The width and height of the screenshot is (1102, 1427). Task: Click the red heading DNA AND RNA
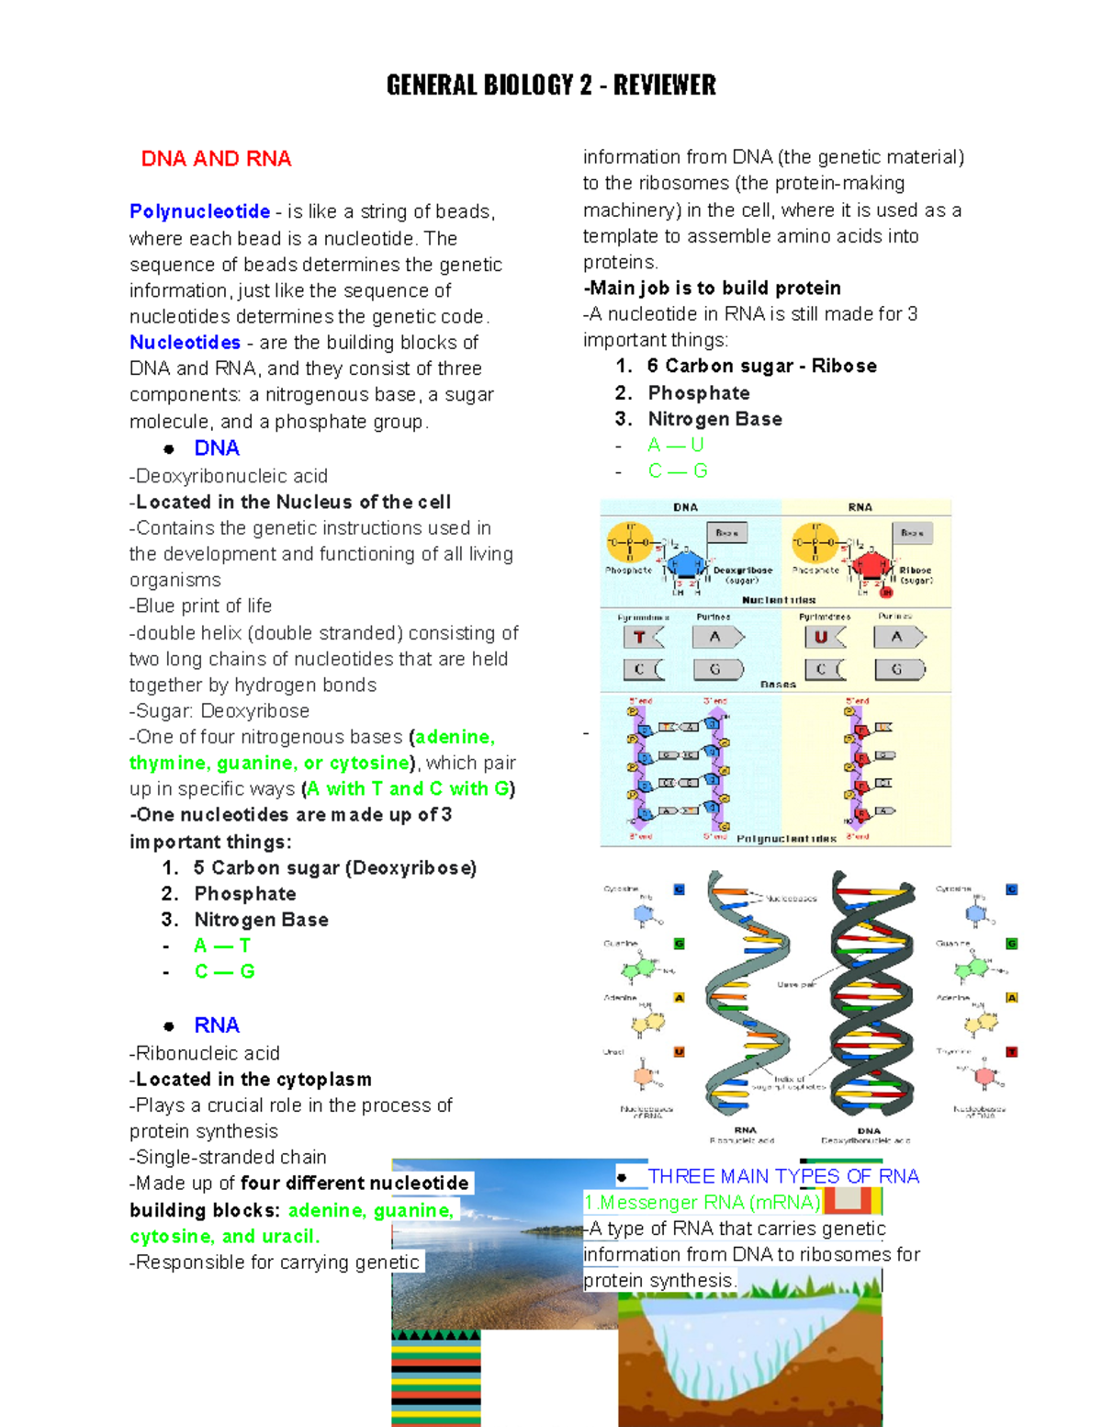point(216,159)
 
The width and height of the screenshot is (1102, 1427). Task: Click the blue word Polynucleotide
point(199,212)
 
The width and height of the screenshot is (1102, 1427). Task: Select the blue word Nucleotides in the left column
point(185,343)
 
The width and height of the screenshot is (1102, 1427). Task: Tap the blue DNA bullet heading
point(217,448)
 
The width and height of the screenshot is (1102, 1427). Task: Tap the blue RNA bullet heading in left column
point(217,1025)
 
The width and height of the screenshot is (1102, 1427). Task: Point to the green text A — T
point(222,946)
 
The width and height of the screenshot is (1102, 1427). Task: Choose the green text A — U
point(676,446)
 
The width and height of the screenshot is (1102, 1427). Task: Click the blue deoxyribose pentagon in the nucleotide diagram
point(685,563)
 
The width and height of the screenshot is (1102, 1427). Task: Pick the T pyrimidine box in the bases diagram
point(642,637)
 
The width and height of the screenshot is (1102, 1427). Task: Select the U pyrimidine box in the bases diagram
point(823,637)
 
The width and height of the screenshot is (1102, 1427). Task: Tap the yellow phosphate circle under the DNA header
point(629,542)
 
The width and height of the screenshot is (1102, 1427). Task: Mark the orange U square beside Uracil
point(680,1052)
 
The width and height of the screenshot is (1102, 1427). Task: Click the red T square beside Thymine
point(1011,1052)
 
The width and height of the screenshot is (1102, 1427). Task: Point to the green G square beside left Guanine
point(680,944)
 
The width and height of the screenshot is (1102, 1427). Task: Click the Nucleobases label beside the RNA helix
point(792,899)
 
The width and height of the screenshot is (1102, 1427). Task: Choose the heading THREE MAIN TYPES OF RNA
point(783,1176)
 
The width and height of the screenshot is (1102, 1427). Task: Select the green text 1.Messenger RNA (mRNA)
point(703,1203)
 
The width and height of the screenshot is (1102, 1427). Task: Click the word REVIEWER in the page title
point(664,85)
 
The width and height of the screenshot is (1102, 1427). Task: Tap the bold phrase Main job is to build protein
point(714,289)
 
